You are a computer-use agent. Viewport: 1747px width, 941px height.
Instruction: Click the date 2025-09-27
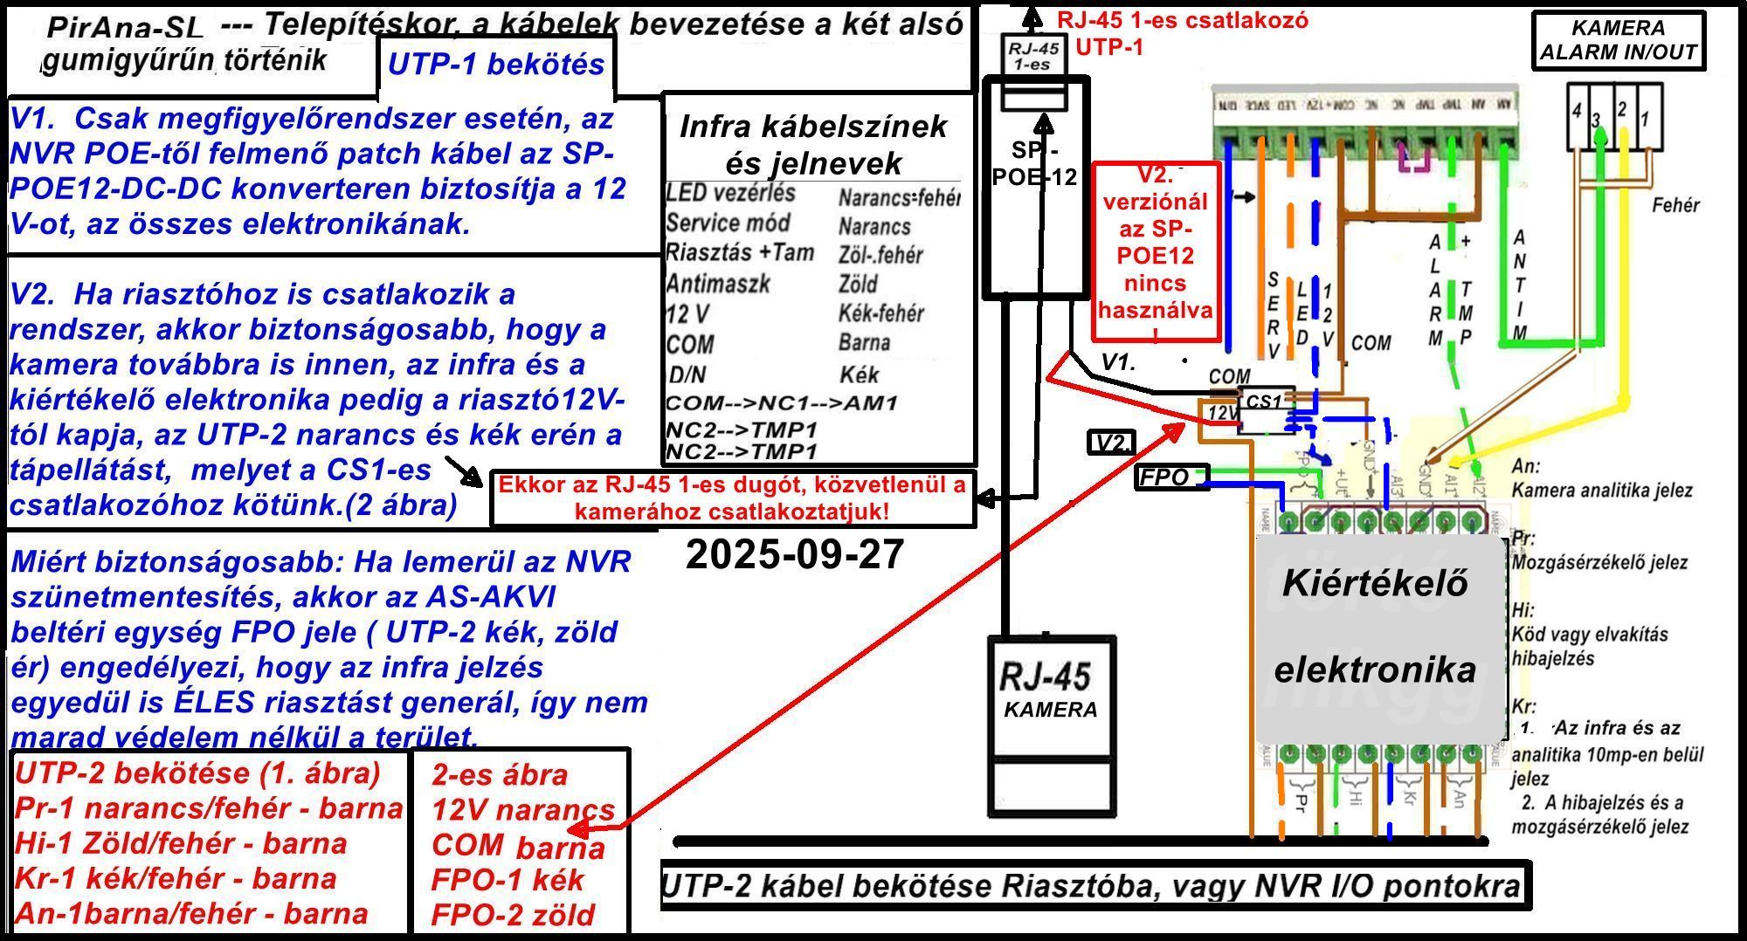pyautogui.click(x=794, y=555)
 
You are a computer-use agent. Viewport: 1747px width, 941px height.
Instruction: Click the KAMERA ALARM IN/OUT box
pyautogui.click(x=1618, y=40)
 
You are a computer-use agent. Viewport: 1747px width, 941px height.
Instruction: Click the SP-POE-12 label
pyautogui.click(x=1034, y=162)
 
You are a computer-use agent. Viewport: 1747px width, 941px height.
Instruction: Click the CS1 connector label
pyautogui.click(x=1264, y=402)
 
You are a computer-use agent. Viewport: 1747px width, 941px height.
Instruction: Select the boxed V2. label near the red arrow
pyautogui.click(x=1112, y=443)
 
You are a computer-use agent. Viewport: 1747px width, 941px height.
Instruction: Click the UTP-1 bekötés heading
pyautogui.click(x=496, y=65)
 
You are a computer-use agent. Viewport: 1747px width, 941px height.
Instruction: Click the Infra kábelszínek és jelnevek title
pyautogui.click(x=813, y=144)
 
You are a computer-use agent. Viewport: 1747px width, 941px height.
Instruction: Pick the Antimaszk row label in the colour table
pyautogui.click(x=718, y=284)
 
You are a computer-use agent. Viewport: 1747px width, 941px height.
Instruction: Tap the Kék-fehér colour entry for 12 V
pyautogui.click(x=880, y=313)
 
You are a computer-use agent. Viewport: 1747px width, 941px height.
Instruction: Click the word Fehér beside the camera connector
pyautogui.click(x=1675, y=205)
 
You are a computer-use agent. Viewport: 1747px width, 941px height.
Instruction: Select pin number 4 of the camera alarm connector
pyautogui.click(x=1577, y=111)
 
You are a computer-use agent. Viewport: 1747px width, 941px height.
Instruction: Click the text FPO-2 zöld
pyautogui.click(x=514, y=915)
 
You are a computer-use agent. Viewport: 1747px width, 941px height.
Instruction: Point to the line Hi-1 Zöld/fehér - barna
pyautogui.click(x=181, y=843)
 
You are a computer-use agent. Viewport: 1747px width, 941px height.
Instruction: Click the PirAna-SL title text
pyautogui.click(x=124, y=28)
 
